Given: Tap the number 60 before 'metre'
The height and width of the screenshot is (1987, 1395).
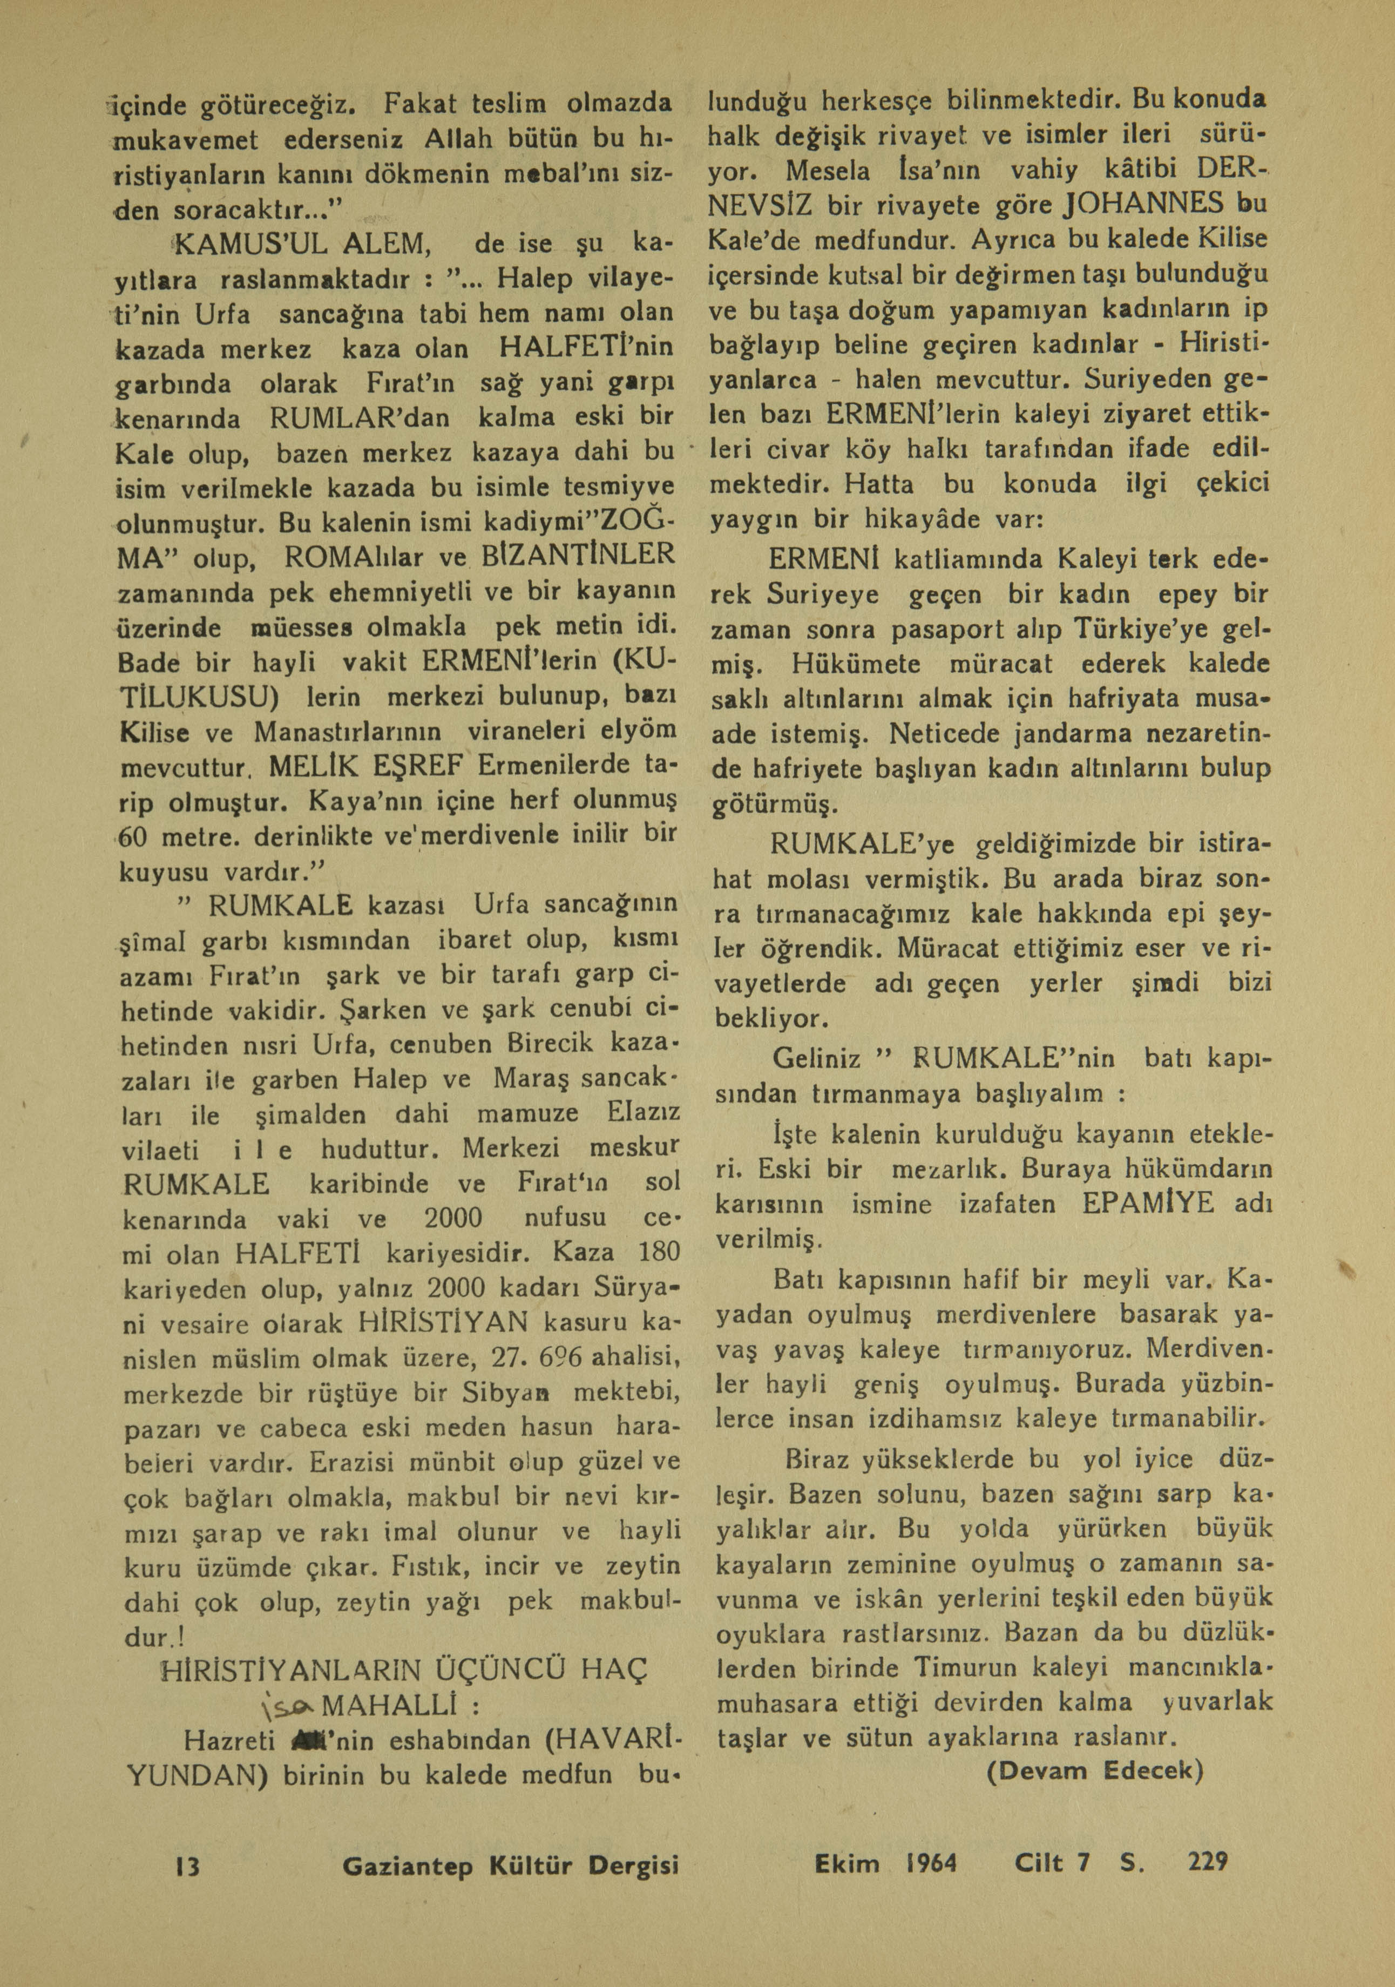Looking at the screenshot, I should pyautogui.click(x=136, y=837).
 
